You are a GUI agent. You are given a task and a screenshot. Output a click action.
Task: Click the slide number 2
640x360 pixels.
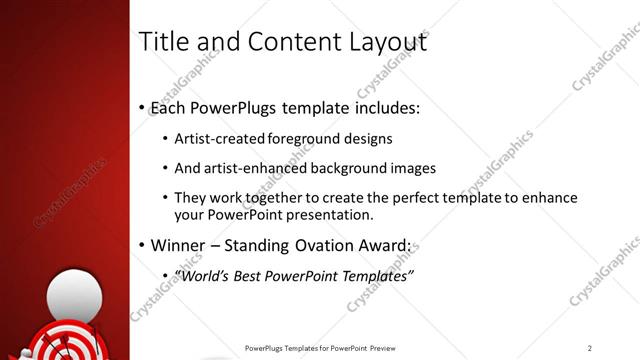point(589,348)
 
